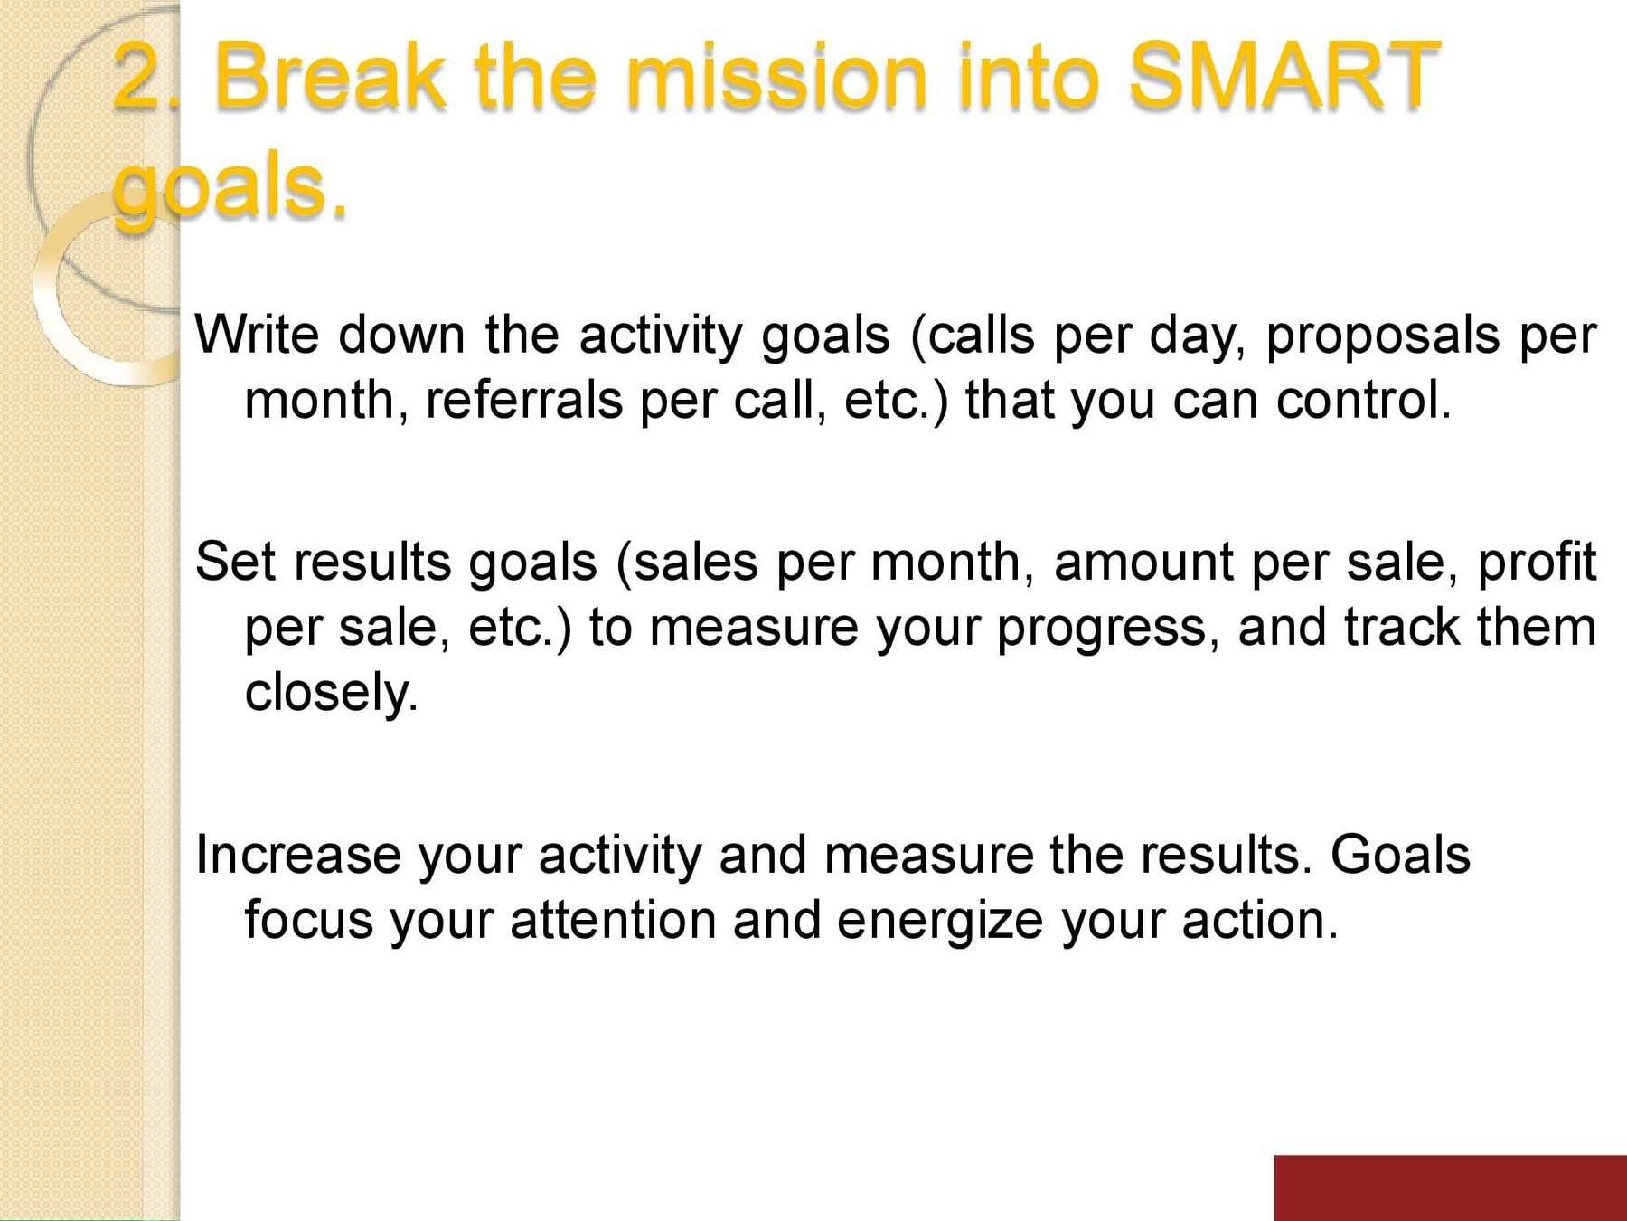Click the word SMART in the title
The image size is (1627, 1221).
click(1284, 76)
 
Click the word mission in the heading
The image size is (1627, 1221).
click(778, 76)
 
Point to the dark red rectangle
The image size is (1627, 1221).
click(1450, 1188)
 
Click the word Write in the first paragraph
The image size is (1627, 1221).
click(257, 335)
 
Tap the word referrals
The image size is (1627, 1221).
click(524, 400)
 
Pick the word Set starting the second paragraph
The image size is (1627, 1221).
click(234, 562)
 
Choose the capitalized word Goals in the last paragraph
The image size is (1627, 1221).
click(1400, 855)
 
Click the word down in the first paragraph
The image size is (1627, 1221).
click(401, 335)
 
